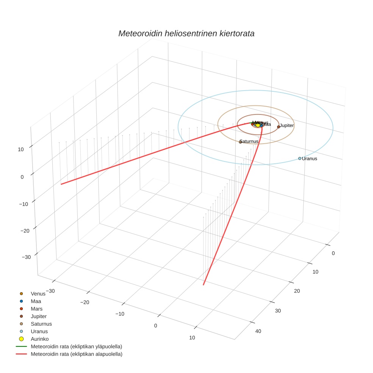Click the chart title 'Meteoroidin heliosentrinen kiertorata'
[186, 33]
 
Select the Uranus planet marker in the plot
[299, 158]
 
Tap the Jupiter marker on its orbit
[279, 127]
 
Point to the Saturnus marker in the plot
[240, 142]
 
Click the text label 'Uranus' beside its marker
[309, 158]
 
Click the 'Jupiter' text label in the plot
[287, 125]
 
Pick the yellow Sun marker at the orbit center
[258, 125]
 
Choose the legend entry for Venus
[38, 293]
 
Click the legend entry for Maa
[36, 301]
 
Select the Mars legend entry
[36, 309]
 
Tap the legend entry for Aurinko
[39, 339]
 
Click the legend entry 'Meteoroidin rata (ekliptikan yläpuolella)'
[76, 346]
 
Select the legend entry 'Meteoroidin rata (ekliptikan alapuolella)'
[76, 354]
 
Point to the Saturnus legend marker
[22, 324]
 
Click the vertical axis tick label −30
[27, 257]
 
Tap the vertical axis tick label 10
[21, 149]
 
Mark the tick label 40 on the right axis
[258, 331]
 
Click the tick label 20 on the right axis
[297, 291]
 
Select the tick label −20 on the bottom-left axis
[85, 302]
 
